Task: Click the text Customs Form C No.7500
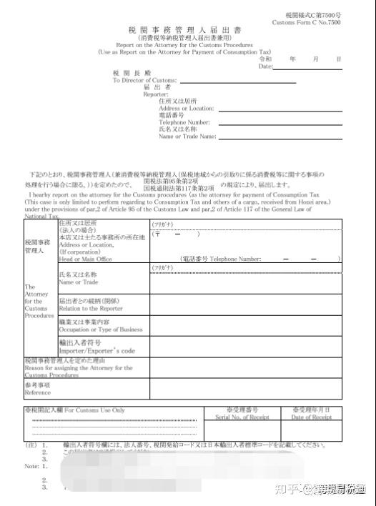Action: (306, 23)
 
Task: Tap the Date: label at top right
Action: (265, 66)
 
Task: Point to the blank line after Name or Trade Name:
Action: (276, 136)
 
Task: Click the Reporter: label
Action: (155, 94)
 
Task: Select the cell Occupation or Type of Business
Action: (100, 329)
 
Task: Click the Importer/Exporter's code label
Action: (97, 351)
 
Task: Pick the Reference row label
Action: (37, 392)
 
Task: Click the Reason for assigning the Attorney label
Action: (78, 368)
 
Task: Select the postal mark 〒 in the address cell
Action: (157, 234)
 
